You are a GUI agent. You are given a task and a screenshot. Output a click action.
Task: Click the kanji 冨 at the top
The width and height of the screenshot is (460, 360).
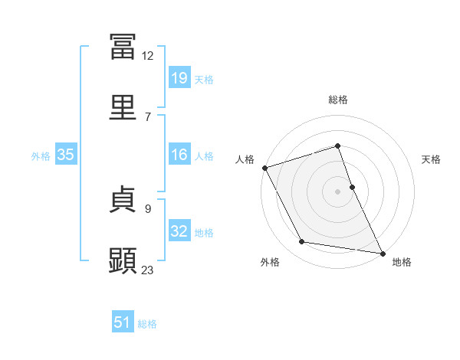[x=123, y=47]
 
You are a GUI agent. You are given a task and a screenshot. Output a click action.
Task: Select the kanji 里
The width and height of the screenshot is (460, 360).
[x=123, y=107]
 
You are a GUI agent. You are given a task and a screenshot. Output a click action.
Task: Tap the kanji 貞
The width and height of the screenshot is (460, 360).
[x=123, y=199]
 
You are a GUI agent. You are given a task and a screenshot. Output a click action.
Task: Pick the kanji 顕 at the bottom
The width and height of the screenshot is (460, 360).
[x=123, y=260]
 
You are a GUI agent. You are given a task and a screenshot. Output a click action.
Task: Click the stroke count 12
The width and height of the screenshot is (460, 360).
[x=147, y=56]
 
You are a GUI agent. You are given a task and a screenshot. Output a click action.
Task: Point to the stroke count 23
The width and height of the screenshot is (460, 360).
[x=147, y=270]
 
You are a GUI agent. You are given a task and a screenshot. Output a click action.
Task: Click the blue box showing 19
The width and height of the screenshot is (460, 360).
[x=179, y=77]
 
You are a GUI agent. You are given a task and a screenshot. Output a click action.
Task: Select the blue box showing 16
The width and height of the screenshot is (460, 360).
[x=179, y=154]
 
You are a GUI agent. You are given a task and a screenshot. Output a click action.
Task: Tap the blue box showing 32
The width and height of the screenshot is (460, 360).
[x=179, y=230]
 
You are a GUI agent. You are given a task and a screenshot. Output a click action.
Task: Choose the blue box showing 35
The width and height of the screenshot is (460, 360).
[x=66, y=154]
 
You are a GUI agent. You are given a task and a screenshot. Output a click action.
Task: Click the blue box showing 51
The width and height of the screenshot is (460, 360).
[x=123, y=321]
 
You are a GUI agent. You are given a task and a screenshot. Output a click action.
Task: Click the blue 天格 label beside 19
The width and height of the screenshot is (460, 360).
[x=204, y=80]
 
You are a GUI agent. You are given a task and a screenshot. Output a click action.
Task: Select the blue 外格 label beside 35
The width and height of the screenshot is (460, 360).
[x=41, y=156]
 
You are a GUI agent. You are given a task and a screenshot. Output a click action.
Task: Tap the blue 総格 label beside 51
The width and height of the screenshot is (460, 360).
[x=147, y=324]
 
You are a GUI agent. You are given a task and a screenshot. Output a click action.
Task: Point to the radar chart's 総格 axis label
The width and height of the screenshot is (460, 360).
[x=338, y=100]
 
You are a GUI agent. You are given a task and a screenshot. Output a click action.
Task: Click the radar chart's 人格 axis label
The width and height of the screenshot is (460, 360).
[x=245, y=159]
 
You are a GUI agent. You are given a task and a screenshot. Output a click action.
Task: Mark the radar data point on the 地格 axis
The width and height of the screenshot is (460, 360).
[x=383, y=254]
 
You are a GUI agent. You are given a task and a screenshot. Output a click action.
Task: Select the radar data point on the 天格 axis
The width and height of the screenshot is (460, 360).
[x=353, y=187]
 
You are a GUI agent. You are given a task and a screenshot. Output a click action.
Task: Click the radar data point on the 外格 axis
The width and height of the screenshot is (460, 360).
[x=302, y=241]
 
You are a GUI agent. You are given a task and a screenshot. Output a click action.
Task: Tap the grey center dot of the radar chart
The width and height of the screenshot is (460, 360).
[x=337, y=191]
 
